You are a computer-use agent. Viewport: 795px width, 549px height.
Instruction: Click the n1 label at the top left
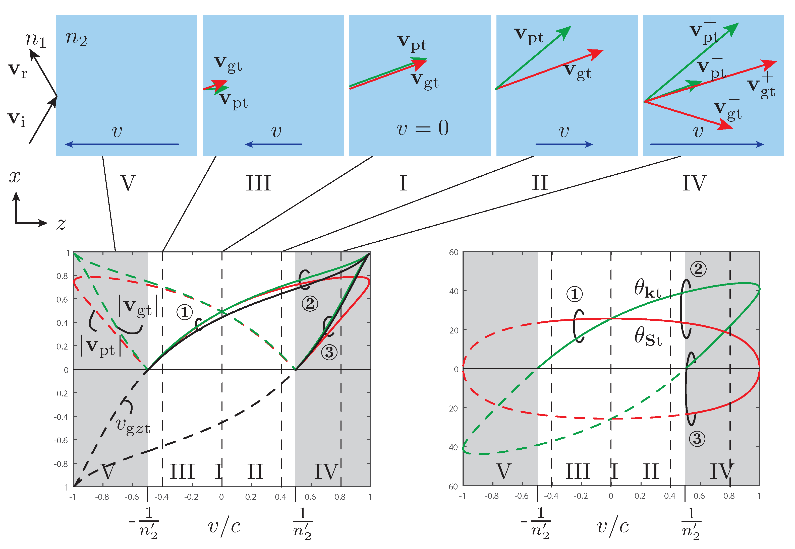click(35, 40)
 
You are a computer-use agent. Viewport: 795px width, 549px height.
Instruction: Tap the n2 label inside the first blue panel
click(76, 39)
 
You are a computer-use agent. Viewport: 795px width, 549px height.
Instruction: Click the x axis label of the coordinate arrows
click(15, 177)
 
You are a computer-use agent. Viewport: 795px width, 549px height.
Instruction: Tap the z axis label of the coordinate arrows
click(61, 224)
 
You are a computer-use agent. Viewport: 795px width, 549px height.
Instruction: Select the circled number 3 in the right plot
click(697, 439)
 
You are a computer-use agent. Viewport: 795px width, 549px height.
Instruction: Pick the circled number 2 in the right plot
click(698, 269)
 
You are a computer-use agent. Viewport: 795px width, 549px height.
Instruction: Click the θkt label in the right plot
click(647, 289)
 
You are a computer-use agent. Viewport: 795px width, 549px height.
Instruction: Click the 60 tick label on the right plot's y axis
click(453, 252)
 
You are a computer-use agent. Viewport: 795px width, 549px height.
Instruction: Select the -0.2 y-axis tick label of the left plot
click(61, 393)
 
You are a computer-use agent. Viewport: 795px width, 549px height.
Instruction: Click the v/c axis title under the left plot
click(224, 526)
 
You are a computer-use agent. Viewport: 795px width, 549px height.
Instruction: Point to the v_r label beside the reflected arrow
click(18, 71)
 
